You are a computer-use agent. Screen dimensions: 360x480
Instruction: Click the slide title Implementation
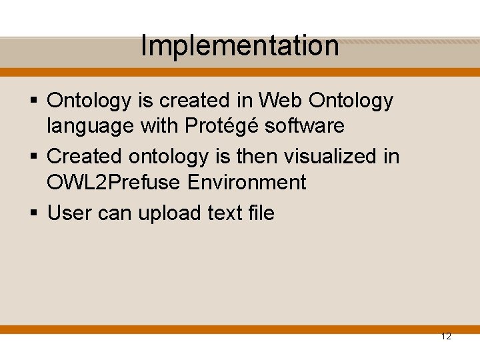240,46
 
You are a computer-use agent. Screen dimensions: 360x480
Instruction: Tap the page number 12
446,337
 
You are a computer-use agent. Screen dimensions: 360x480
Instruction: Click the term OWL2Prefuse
109,182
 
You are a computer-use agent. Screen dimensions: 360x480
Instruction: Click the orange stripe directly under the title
240,72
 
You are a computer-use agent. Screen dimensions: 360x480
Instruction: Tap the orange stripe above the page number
240,329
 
